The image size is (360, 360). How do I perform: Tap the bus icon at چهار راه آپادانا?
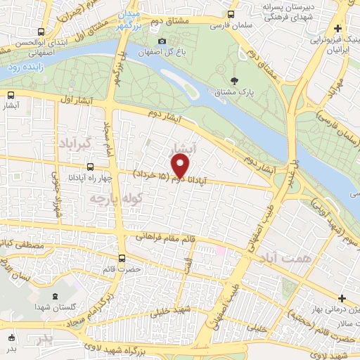coord(90,167)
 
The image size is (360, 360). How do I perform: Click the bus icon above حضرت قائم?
coord(122,258)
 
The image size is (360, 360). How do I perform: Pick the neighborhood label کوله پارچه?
coord(105,199)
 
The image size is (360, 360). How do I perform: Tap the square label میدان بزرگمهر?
coord(129,17)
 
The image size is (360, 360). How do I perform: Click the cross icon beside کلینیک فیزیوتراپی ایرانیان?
coord(339,29)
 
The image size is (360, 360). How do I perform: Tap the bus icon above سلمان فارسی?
coord(231,15)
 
